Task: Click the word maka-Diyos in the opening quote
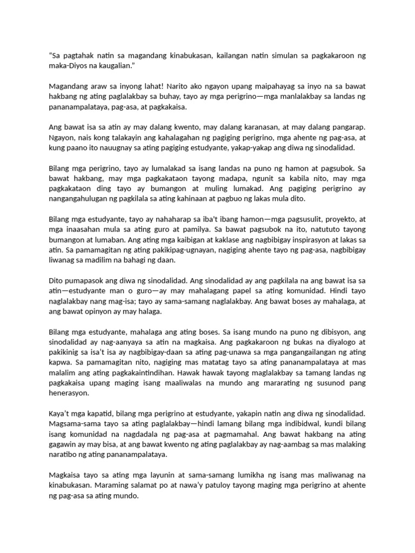coord(68,65)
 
